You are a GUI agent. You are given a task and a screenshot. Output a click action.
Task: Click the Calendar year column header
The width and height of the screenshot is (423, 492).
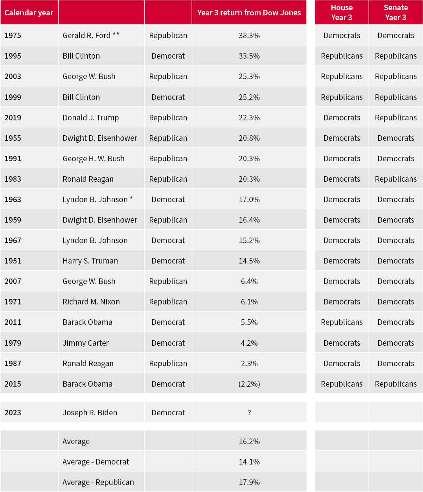click(x=29, y=13)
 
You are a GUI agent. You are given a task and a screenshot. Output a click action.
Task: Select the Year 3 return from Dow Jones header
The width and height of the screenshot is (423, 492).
click(x=249, y=13)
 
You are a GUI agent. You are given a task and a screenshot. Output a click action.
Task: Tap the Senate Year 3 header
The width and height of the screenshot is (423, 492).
click(x=395, y=13)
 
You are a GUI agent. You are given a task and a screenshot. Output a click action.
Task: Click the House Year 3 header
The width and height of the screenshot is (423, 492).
click(x=342, y=13)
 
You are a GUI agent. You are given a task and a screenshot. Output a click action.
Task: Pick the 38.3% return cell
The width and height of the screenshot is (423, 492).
click(x=249, y=35)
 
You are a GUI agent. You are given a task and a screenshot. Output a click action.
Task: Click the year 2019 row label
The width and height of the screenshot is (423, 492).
click(x=13, y=118)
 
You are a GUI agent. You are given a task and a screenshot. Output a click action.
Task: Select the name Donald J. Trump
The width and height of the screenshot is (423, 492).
click(x=90, y=118)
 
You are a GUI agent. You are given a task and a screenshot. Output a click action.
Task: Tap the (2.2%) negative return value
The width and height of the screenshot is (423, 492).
click(x=249, y=384)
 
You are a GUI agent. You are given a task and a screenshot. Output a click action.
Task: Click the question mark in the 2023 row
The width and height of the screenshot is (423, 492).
click(x=249, y=413)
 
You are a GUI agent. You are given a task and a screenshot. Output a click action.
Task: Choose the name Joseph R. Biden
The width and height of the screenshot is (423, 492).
click(x=90, y=413)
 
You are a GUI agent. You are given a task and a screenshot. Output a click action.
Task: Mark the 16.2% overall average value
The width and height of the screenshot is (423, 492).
click(x=249, y=441)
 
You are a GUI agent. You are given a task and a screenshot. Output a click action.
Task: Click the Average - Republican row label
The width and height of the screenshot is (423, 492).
click(x=98, y=482)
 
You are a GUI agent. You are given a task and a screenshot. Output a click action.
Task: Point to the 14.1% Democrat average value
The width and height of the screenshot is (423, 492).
click(x=249, y=462)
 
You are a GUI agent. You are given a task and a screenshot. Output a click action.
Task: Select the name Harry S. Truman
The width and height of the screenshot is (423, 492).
click(x=90, y=261)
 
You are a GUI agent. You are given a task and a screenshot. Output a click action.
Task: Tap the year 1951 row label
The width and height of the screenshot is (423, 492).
click(x=13, y=261)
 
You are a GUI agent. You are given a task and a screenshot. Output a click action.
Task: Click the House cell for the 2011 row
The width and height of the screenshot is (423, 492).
click(x=342, y=322)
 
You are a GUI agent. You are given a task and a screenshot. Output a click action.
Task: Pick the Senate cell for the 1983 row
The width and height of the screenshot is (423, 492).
click(x=395, y=179)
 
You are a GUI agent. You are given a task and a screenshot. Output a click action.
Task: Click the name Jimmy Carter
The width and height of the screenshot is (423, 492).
click(x=86, y=343)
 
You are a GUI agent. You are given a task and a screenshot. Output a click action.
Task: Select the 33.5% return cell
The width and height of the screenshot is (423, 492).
click(x=249, y=56)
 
